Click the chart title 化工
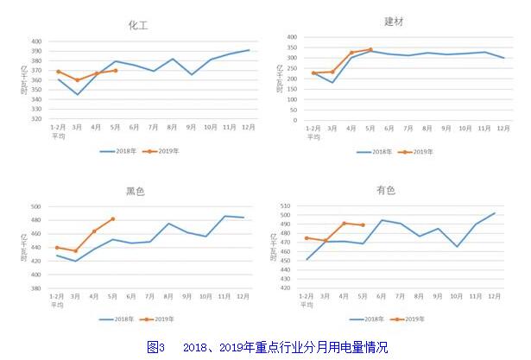click(138, 25)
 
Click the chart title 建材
click(395, 20)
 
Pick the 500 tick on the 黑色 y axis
click(37, 207)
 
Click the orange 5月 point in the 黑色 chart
click(113, 218)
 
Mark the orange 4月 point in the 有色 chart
click(345, 223)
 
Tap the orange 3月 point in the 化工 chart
click(78, 80)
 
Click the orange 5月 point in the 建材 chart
click(370, 50)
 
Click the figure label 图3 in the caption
click(155, 347)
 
